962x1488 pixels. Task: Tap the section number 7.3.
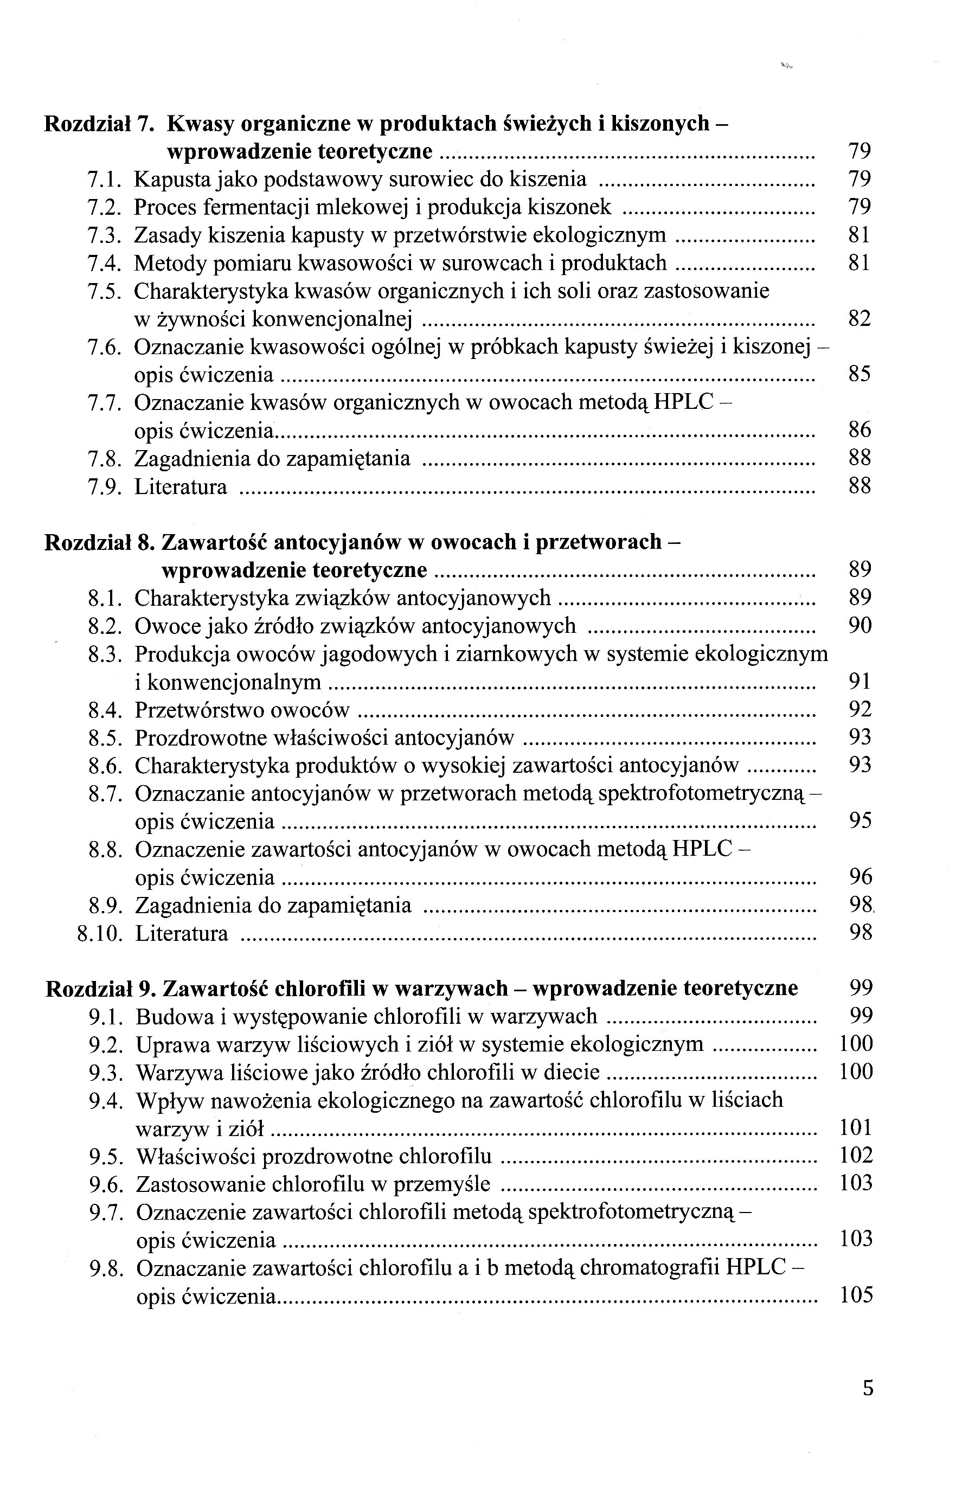click(104, 235)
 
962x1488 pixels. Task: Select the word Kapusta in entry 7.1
click(169, 180)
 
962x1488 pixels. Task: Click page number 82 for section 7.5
click(860, 319)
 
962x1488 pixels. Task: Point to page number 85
click(860, 375)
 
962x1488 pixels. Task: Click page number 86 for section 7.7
click(860, 431)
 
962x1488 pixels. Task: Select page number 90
click(860, 626)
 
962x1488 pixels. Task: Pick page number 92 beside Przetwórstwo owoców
click(860, 710)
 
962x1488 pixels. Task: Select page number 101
click(856, 1127)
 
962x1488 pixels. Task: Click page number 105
click(856, 1295)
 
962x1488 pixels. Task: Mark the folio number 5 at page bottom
click(868, 1407)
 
